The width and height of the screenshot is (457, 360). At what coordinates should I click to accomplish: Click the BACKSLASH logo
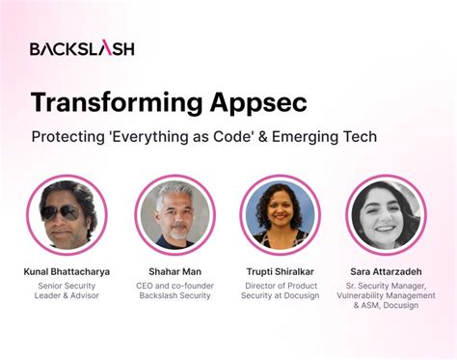[82, 48]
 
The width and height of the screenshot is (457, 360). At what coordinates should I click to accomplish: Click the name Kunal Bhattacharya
[67, 272]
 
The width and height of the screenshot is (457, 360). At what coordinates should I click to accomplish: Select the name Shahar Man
[175, 272]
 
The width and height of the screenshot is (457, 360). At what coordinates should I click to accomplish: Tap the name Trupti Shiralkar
[280, 272]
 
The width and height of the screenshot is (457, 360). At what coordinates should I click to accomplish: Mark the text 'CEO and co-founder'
[175, 286]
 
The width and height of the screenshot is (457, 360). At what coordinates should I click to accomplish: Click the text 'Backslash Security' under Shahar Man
[175, 298]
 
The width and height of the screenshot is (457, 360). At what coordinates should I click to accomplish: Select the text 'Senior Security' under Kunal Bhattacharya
[67, 286]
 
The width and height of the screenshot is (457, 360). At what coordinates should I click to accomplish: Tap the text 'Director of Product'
[280, 286]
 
